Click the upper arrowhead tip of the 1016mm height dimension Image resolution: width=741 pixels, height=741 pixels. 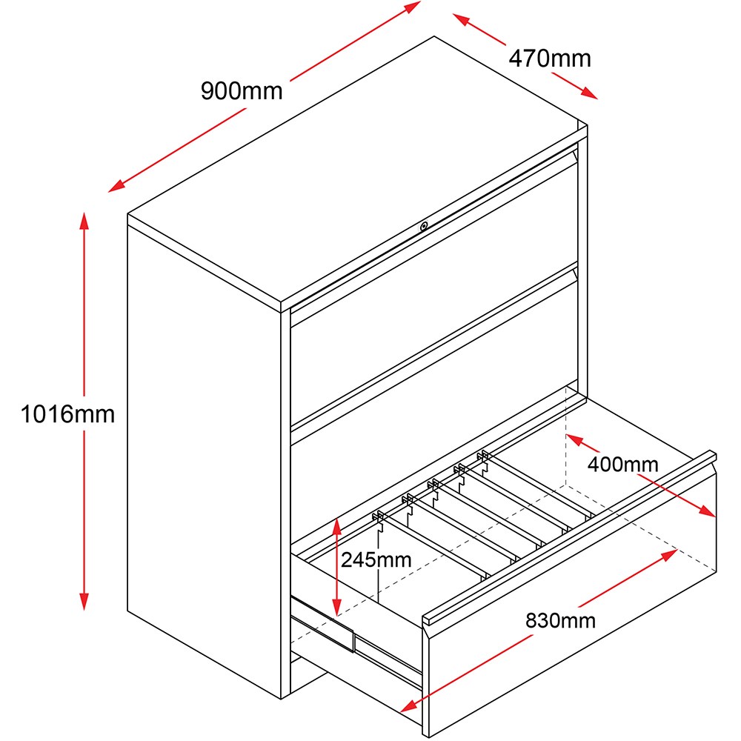click(x=84, y=213)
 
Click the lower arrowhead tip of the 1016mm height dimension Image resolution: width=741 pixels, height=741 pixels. click(x=84, y=610)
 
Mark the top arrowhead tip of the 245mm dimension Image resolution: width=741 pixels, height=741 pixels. click(x=336, y=519)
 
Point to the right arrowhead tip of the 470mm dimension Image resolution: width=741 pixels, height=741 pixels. click(x=598, y=99)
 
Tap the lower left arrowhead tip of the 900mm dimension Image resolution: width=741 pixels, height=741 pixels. click(x=108, y=192)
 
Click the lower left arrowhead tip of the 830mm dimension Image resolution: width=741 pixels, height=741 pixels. click(x=400, y=711)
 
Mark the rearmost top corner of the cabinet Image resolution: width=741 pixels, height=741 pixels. click(x=434, y=36)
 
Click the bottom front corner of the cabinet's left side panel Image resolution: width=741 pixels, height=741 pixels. click(x=282, y=699)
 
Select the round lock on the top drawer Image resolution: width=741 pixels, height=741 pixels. click(x=424, y=226)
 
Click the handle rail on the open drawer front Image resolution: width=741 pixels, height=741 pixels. click(x=569, y=537)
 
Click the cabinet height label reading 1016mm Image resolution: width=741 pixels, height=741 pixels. click(x=67, y=414)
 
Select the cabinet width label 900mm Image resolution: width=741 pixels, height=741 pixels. click(x=242, y=90)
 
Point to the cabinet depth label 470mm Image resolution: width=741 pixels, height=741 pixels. click(x=550, y=59)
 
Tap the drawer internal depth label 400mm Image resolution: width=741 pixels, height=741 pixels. click(x=623, y=465)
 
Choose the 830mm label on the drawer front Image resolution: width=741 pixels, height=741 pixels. click(x=560, y=620)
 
